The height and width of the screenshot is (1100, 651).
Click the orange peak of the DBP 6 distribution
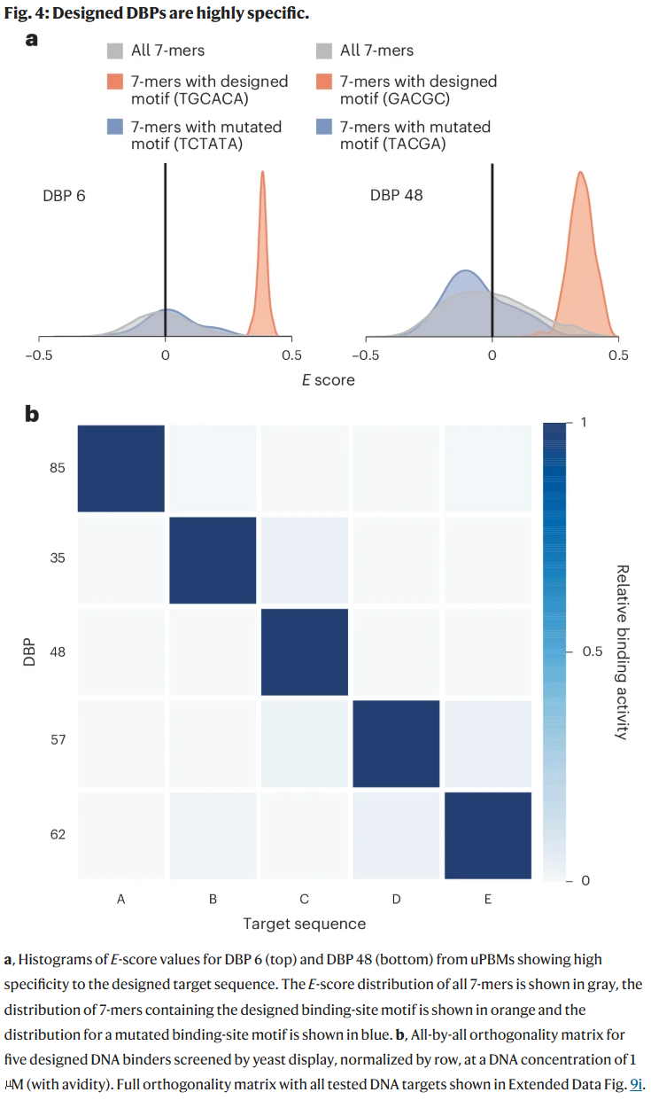(262, 177)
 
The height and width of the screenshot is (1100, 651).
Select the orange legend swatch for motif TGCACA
(115, 82)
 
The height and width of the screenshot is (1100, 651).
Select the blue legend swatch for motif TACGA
(324, 127)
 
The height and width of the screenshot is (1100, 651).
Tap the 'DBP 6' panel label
(65, 195)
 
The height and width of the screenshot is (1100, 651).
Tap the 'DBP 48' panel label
(396, 195)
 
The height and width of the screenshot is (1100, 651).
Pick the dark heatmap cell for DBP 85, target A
(121, 468)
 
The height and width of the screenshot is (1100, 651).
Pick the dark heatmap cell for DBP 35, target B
(213, 560)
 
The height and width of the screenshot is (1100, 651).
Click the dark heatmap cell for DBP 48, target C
(305, 651)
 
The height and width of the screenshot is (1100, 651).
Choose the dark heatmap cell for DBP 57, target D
(396, 743)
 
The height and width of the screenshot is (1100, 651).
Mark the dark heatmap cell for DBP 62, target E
(488, 834)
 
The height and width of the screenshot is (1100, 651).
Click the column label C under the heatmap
(304, 899)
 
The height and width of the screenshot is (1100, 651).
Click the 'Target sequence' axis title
(305, 924)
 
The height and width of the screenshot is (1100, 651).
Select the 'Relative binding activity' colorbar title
(622, 651)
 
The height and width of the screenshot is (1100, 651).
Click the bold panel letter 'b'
(33, 413)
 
